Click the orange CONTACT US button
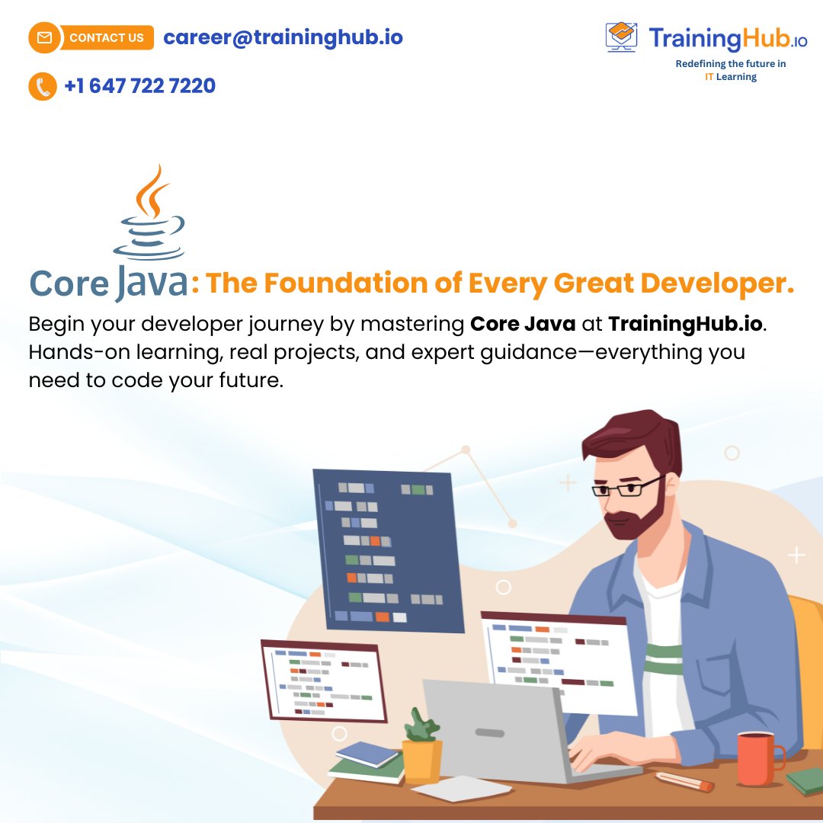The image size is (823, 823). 105,37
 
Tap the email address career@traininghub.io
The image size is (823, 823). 283,37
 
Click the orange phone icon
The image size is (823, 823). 43,86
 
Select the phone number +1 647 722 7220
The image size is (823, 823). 140,85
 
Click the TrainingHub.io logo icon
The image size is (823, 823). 621,37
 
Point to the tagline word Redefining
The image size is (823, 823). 701,64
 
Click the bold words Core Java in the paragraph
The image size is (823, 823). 523,324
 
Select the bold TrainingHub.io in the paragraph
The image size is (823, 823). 685,324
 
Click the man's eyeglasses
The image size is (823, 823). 626,487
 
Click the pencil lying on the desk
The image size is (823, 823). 684,781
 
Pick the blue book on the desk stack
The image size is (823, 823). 367,754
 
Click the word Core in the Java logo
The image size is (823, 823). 69,283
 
